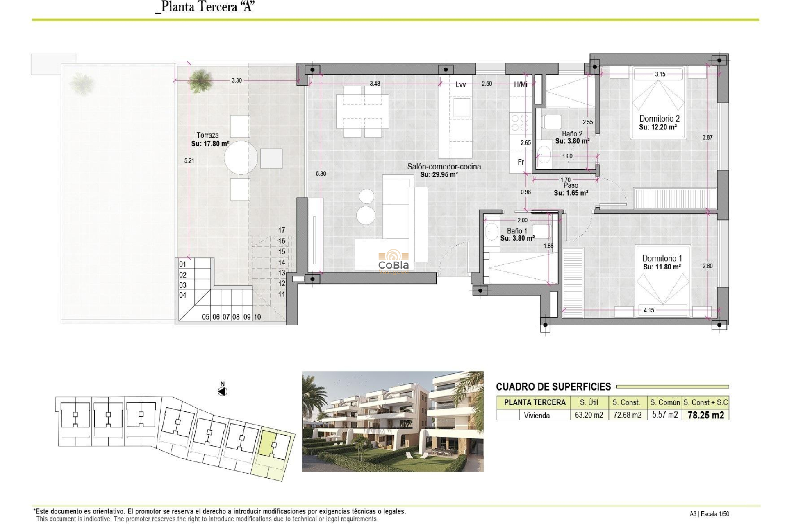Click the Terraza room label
point(208,135)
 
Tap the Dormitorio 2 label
point(659,119)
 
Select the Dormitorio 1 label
point(662,258)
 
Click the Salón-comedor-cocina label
point(444,167)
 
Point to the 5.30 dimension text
point(321,174)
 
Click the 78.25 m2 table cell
point(705,415)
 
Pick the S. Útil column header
point(589,402)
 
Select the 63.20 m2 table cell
point(589,415)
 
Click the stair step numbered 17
point(282,230)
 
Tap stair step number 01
point(183,264)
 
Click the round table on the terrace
point(241,158)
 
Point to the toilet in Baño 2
point(552,122)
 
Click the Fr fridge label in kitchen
point(521,162)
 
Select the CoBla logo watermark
point(393,261)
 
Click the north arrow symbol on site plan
point(223,392)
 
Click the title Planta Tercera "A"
point(205,7)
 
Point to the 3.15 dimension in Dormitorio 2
point(660,74)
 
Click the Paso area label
point(571,185)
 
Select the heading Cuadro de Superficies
point(553,387)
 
